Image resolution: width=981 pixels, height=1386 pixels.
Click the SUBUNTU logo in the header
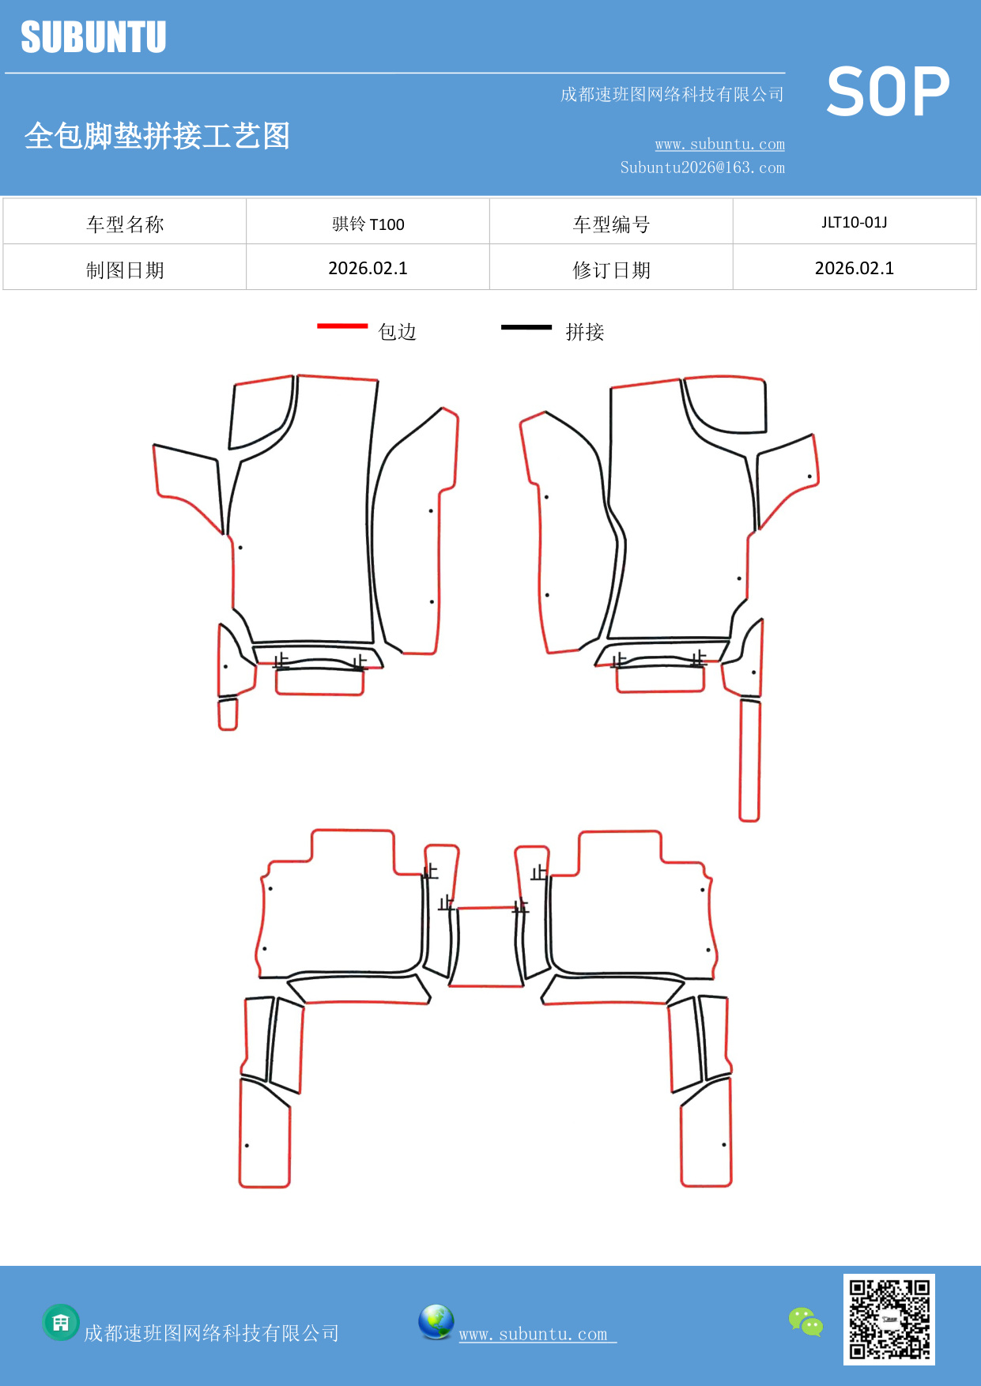(x=93, y=37)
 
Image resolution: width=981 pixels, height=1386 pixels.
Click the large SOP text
(x=888, y=92)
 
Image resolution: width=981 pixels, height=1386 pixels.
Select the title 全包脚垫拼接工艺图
(x=157, y=136)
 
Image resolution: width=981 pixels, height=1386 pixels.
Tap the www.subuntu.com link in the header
(x=719, y=144)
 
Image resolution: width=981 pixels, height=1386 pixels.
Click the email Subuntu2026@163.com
(x=702, y=168)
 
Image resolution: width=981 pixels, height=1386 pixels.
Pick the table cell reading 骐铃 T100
(x=368, y=224)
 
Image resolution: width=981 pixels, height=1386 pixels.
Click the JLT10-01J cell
(x=854, y=222)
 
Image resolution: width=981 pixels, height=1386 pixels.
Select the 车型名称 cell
(x=125, y=224)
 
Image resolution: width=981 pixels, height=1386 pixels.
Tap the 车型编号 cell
(x=611, y=224)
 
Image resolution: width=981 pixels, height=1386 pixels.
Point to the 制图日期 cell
(x=125, y=270)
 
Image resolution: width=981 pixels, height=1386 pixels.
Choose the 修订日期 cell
(x=611, y=270)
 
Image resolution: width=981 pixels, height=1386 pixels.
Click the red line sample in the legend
(x=342, y=326)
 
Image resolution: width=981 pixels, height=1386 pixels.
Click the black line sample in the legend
(x=526, y=326)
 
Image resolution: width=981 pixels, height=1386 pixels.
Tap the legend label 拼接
(x=585, y=332)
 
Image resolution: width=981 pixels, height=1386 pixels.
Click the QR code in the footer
(x=889, y=1319)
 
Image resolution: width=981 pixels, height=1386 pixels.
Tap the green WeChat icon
(x=806, y=1321)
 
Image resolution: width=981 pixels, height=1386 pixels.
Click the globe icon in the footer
(x=436, y=1322)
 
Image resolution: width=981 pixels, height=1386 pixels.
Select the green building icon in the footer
(x=61, y=1322)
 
